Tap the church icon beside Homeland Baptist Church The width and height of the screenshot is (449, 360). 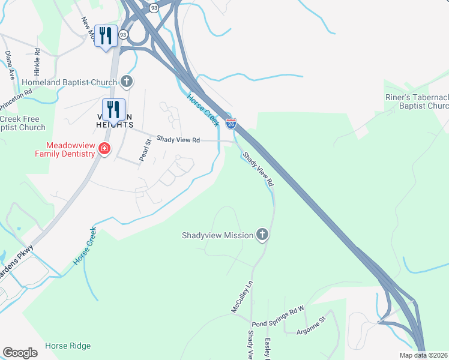coord(126,81)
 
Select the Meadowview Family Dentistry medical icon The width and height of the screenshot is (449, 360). coord(104,148)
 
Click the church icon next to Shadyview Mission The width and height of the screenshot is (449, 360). coord(262,235)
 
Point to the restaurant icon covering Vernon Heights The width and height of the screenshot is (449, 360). coord(113,109)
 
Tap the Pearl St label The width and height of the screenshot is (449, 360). coord(144,149)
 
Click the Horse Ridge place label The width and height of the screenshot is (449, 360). coord(68,346)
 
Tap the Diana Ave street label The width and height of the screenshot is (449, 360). coord(10,65)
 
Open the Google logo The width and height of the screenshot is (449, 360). coord(20,353)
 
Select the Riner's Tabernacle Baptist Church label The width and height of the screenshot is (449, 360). coord(417,101)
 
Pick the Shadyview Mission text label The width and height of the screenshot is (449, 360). coord(217,235)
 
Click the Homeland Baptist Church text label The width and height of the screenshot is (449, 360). coord(69,82)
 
